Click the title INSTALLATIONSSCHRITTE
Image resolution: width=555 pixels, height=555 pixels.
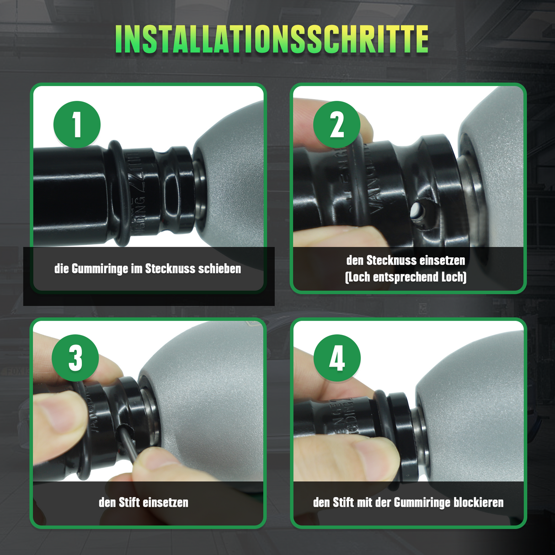pos(272,39)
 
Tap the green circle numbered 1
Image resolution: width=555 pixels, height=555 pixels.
pos(77,124)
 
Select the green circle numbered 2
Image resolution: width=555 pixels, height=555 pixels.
pos(336,124)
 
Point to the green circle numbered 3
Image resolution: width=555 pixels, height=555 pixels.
pos(75,358)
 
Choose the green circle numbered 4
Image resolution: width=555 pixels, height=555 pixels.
pos(337,358)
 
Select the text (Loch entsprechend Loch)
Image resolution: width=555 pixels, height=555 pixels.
pos(406,277)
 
